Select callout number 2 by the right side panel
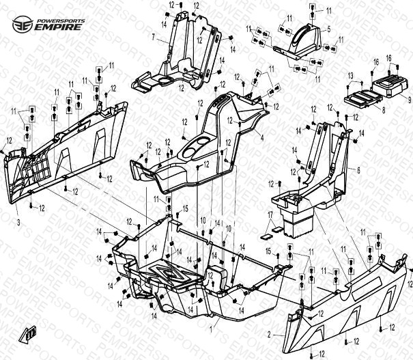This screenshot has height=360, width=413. point(270,335)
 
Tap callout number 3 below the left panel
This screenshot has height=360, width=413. point(18,223)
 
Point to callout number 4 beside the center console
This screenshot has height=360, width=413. point(261,137)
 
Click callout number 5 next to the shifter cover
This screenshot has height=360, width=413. point(328,29)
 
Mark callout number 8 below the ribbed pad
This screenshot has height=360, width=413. point(383,109)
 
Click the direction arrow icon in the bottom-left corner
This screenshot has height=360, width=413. point(29,334)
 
